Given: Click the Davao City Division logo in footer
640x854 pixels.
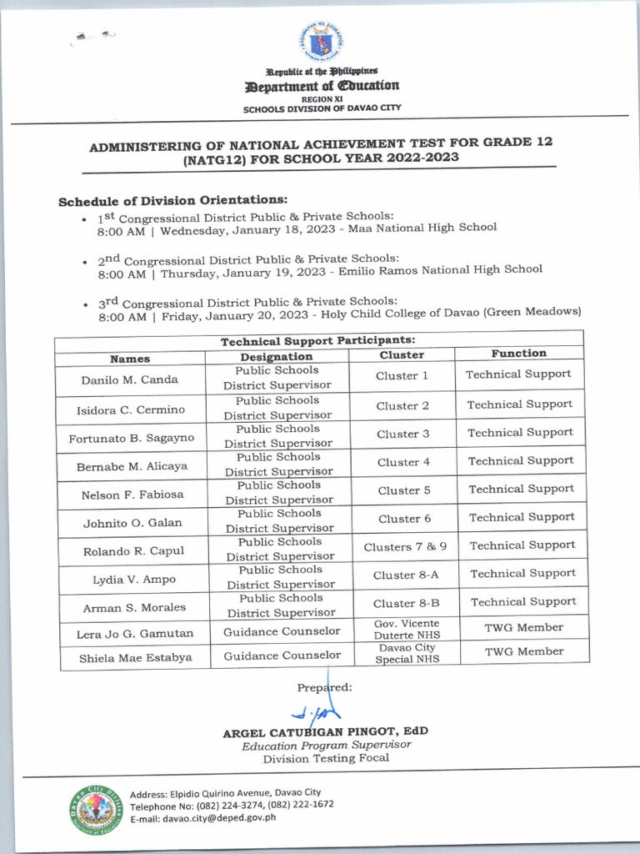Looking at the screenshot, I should point(94,810).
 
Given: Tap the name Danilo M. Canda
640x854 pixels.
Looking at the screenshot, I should point(129,379).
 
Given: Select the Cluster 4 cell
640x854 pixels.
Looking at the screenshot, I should point(403,462).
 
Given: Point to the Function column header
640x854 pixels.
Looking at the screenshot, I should point(518,354).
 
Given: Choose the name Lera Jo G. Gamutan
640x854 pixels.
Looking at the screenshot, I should point(135,634).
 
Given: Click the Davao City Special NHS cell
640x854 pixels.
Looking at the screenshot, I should point(406,653).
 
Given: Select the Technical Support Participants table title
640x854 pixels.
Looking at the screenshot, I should point(317,340).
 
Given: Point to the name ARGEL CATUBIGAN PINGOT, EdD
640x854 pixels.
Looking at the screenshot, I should point(325,731).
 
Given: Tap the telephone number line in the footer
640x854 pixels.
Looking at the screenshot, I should point(232,805).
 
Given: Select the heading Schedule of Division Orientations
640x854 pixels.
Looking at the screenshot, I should point(172,201).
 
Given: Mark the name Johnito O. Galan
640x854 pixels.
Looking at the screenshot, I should point(132,523).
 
